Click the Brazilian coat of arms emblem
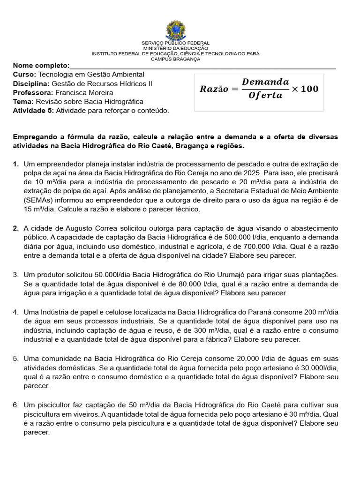pyautogui.click(x=176, y=30)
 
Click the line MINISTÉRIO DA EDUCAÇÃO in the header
pyautogui.click(x=176, y=48)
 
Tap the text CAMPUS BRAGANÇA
pyautogui.click(x=176, y=59)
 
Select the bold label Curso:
pyautogui.click(x=24, y=75)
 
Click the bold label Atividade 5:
pyautogui.click(x=33, y=111)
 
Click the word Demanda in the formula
pyautogui.click(x=265, y=82)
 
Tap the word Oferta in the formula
pyautogui.click(x=265, y=96)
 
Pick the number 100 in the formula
pyautogui.click(x=309, y=89)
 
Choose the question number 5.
pyautogui.click(x=15, y=359)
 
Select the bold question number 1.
pyautogui.click(x=15, y=164)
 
